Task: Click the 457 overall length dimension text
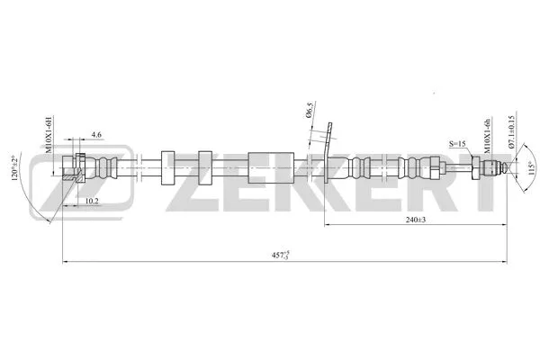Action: pos(282,256)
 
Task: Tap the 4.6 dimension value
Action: pos(95,136)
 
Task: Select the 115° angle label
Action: pos(530,168)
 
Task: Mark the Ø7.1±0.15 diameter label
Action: pos(509,135)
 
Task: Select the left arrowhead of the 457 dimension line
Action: pos(64,262)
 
